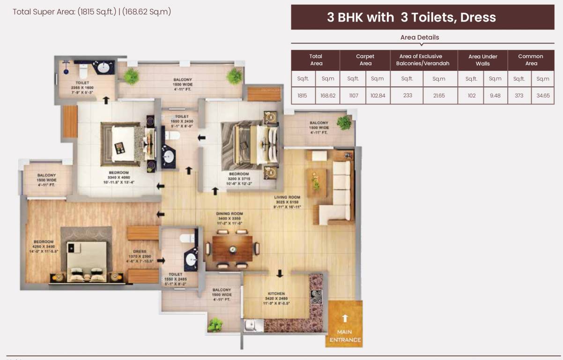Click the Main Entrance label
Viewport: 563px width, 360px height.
coord(345,336)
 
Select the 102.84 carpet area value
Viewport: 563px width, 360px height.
coord(378,96)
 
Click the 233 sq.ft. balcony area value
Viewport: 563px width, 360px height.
coord(407,96)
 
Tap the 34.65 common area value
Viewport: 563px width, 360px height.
coord(543,96)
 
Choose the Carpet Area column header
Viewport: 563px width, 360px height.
coord(365,60)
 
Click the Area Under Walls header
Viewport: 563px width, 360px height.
coord(482,60)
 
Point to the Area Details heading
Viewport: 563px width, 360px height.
coord(419,37)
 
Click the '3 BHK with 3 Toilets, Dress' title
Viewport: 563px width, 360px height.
coord(411,17)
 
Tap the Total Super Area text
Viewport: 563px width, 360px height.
coord(92,12)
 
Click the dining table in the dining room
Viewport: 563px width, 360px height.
coord(232,249)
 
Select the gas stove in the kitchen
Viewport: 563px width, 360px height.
coord(317,297)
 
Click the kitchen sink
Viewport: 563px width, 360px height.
coord(250,324)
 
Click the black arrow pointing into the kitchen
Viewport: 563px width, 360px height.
coord(280,273)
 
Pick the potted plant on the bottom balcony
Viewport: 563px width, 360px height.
coord(215,324)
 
